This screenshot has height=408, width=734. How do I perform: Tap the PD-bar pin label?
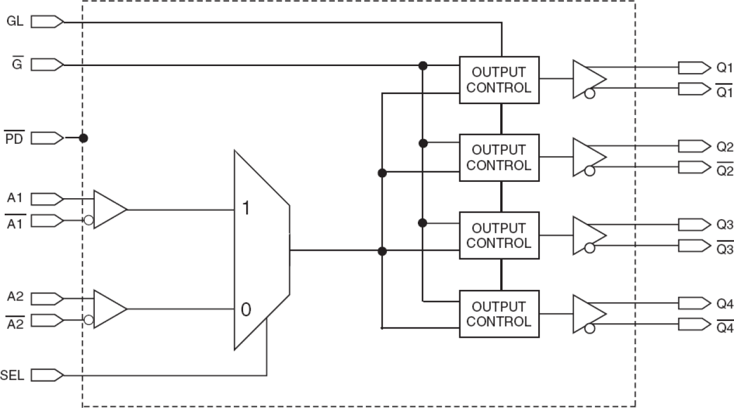tap(15, 139)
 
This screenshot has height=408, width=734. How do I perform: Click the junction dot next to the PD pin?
tap(84, 139)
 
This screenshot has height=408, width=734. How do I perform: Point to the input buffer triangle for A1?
tap(109, 209)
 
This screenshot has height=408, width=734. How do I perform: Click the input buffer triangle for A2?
tap(109, 309)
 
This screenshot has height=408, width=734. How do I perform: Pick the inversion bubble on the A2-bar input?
tap(88, 320)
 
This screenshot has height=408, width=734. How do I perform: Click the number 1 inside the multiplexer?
tap(245, 208)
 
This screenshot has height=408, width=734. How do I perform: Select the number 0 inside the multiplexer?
tap(245, 310)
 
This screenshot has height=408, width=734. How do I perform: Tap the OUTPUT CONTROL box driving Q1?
tap(498, 80)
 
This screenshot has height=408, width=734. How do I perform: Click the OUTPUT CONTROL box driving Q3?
tap(498, 236)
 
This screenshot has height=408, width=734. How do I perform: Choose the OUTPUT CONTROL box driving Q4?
tap(498, 314)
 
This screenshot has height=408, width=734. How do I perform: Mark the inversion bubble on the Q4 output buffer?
tap(589, 329)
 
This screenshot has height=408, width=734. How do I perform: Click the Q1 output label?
tap(724, 68)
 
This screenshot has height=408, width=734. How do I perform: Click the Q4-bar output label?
tap(724, 327)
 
